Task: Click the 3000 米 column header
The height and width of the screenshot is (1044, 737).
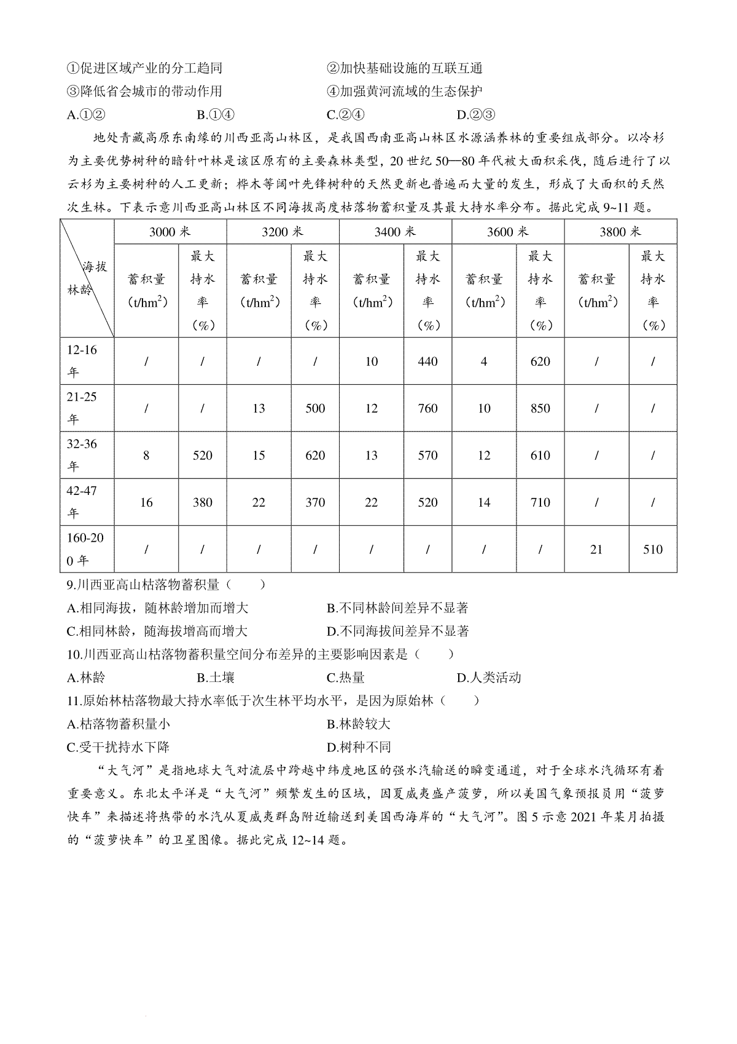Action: click(170, 231)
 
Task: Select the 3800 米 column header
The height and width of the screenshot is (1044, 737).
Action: click(620, 231)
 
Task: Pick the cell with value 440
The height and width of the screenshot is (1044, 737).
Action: click(427, 362)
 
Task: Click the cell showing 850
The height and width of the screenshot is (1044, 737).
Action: click(540, 408)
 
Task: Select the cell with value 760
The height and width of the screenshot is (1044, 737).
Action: click(427, 408)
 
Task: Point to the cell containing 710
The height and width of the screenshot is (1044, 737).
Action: click(540, 502)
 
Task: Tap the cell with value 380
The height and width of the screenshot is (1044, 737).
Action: click(202, 502)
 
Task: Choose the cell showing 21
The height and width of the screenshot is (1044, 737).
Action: click(596, 549)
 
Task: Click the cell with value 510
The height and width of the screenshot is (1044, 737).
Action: click(653, 549)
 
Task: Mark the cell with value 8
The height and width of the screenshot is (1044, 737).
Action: click(146, 456)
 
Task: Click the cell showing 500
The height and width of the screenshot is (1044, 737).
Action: click(315, 408)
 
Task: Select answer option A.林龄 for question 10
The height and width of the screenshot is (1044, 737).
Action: click(86, 678)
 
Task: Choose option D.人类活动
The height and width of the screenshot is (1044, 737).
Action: click(489, 678)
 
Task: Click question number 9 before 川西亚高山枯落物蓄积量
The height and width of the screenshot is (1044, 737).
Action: click(72, 585)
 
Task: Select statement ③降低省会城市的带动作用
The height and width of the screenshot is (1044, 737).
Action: click(144, 91)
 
